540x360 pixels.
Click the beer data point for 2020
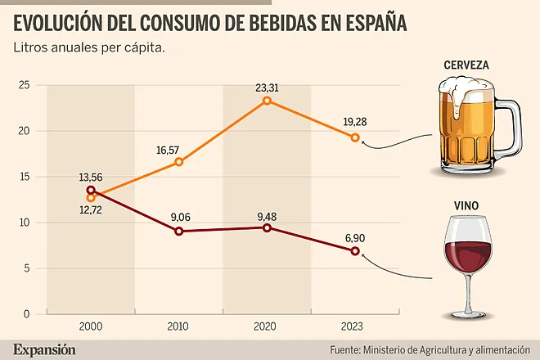(x=267, y=101)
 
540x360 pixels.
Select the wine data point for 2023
(x=355, y=251)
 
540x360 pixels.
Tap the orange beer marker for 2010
(x=178, y=162)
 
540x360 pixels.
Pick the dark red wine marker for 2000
(x=91, y=190)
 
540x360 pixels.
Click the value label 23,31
(x=267, y=88)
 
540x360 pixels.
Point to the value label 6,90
(x=355, y=238)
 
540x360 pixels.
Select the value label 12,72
(x=91, y=209)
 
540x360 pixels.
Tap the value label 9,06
(x=181, y=217)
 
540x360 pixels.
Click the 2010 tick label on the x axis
(x=178, y=326)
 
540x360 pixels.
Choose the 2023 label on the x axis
(x=352, y=326)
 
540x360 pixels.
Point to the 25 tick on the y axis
(x=24, y=85)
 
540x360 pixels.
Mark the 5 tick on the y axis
(x=27, y=268)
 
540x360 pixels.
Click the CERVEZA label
(x=466, y=65)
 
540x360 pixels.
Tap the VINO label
(x=466, y=205)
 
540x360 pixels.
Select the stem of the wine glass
(x=468, y=293)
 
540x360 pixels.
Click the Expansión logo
(x=44, y=349)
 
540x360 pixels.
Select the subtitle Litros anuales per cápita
(x=89, y=48)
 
